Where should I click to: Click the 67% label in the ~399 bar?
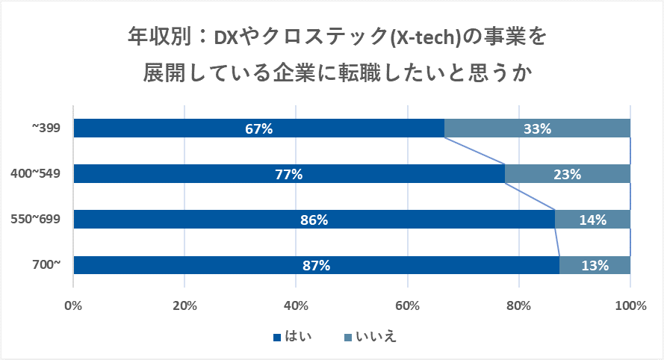[258, 128]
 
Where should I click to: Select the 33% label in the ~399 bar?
[537, 128]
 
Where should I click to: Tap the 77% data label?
[288, 175]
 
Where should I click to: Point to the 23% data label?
[567, 175]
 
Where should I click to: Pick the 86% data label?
[314, 220]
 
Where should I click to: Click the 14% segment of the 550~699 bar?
[592, 220]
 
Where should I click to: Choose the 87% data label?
[316, 265]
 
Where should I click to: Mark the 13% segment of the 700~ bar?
[595, 265]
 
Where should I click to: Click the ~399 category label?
[46, 128]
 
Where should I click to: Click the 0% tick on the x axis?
[73, 305]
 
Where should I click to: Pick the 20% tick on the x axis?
[184, 305]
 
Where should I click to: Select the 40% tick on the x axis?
[296, 305]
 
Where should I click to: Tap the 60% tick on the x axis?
[407, 305]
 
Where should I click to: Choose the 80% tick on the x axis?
[518, 305]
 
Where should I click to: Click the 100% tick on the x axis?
[630, 305]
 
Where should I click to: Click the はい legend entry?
[293, 337]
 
